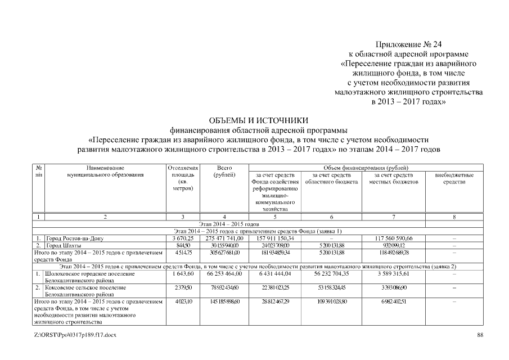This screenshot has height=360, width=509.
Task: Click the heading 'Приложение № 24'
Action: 405,44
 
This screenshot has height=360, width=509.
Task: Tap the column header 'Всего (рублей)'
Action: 224,171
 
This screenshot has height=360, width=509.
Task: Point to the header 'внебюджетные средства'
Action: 454,178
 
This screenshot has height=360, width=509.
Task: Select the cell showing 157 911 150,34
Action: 275,238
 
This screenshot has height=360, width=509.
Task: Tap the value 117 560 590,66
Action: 394,238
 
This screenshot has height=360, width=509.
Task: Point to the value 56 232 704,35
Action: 331,273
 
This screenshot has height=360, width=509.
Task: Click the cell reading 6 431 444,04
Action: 275,273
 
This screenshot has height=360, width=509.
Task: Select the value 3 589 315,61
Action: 394,273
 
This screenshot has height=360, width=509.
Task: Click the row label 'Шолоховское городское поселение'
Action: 90,273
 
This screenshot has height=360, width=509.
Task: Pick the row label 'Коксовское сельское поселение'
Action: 85,287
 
